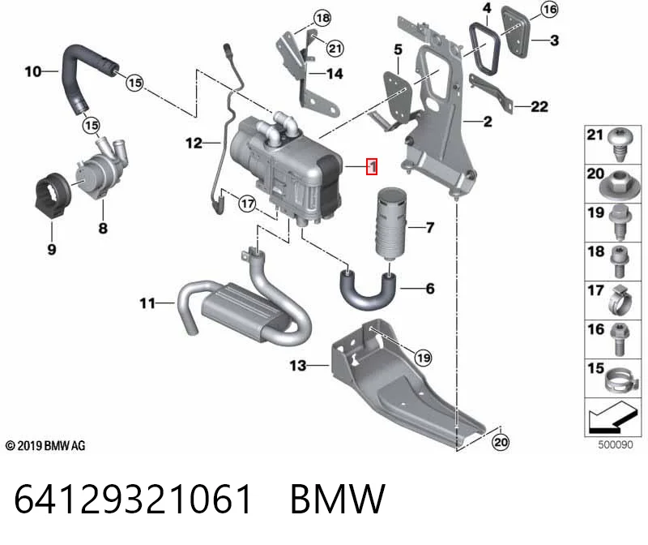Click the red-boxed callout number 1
(x=372, y=166)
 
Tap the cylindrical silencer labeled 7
(x=391, y=223)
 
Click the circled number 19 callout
(x=423, y=358)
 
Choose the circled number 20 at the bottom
(x=501, y=442)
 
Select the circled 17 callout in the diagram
(x=247, y=204)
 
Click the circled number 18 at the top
(x=322, y=18)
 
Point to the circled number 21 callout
(x=335, y=49)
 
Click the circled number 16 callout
(x=549, y=9)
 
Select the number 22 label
(x=539, y=107)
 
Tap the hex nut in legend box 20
(x=620, y=187)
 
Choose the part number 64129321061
(x=133, y=499)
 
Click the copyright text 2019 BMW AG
(x=45, y=446)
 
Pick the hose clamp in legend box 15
(x=618, y=380)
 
